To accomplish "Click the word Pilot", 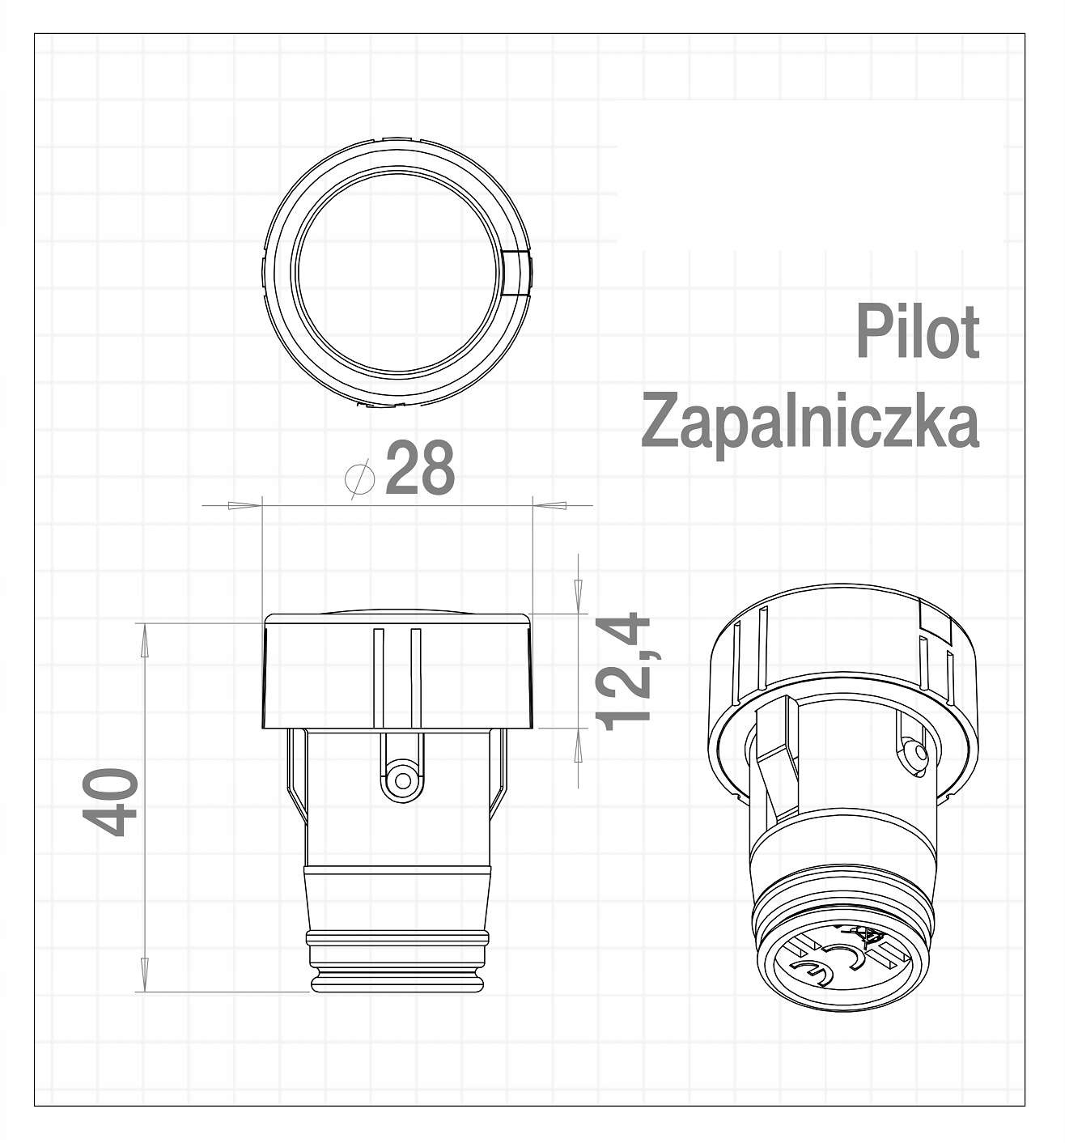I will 918,332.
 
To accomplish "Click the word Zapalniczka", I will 810,422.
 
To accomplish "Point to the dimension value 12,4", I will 623,671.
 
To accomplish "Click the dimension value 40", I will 111,802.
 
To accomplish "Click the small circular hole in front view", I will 401,781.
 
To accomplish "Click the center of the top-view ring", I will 398,273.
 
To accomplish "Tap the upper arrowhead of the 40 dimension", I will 145,639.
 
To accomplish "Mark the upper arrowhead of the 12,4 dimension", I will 578,596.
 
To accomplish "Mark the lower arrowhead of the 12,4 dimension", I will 578,745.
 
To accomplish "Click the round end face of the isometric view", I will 842,967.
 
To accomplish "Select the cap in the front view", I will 397,671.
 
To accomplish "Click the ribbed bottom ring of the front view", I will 398,940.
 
